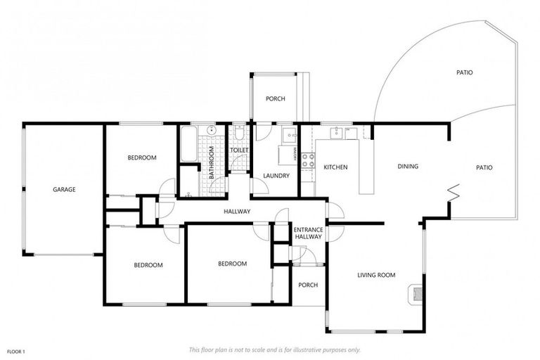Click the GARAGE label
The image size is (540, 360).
coord(64,189)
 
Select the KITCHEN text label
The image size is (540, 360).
coord(335,167)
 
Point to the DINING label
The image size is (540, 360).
coord(408,167)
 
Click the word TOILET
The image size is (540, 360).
coord(239,150)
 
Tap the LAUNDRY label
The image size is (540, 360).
coord(276,176)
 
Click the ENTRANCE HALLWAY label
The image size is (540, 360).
coord(307,233)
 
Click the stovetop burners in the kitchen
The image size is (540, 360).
coord(307,160)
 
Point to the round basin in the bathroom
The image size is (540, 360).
coord(210,131)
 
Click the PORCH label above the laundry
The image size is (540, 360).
coord(275,99)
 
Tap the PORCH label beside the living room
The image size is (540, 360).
coord(308,285)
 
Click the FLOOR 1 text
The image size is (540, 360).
coord(16,350)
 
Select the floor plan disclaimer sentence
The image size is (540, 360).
coord(274,349)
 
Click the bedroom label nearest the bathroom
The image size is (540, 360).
coord(141,157)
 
